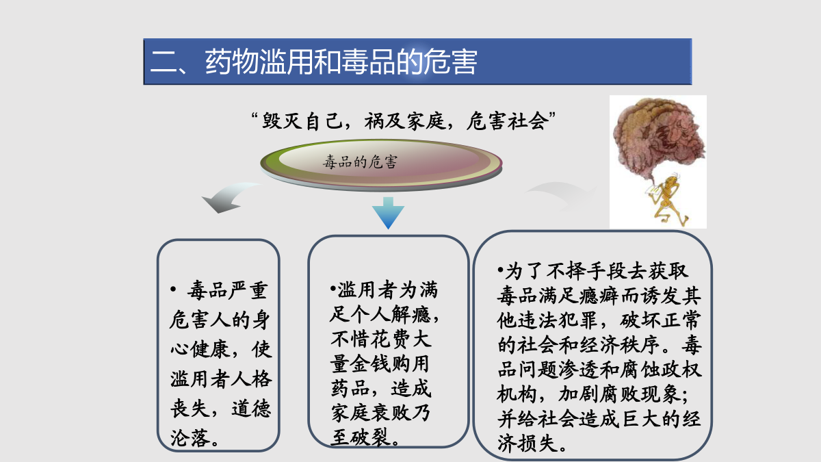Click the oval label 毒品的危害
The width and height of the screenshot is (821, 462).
[360, 162]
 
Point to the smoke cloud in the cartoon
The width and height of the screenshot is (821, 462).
[658, 140]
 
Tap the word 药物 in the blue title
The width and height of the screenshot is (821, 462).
[232, 62]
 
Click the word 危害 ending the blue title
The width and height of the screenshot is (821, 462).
[450, 62]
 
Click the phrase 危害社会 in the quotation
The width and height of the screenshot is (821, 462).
[507, 121]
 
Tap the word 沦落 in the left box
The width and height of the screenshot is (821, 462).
[190, 438]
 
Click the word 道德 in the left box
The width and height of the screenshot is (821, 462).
[252, 408]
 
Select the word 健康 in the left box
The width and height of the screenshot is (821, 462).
[211, 348]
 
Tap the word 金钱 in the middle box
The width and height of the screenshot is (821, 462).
[371, 363]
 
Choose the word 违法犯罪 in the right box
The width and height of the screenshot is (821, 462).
[558, 320]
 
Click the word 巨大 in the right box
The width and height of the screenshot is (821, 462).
[640, 418]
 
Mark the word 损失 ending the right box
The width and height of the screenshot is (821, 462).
[538, 443]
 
